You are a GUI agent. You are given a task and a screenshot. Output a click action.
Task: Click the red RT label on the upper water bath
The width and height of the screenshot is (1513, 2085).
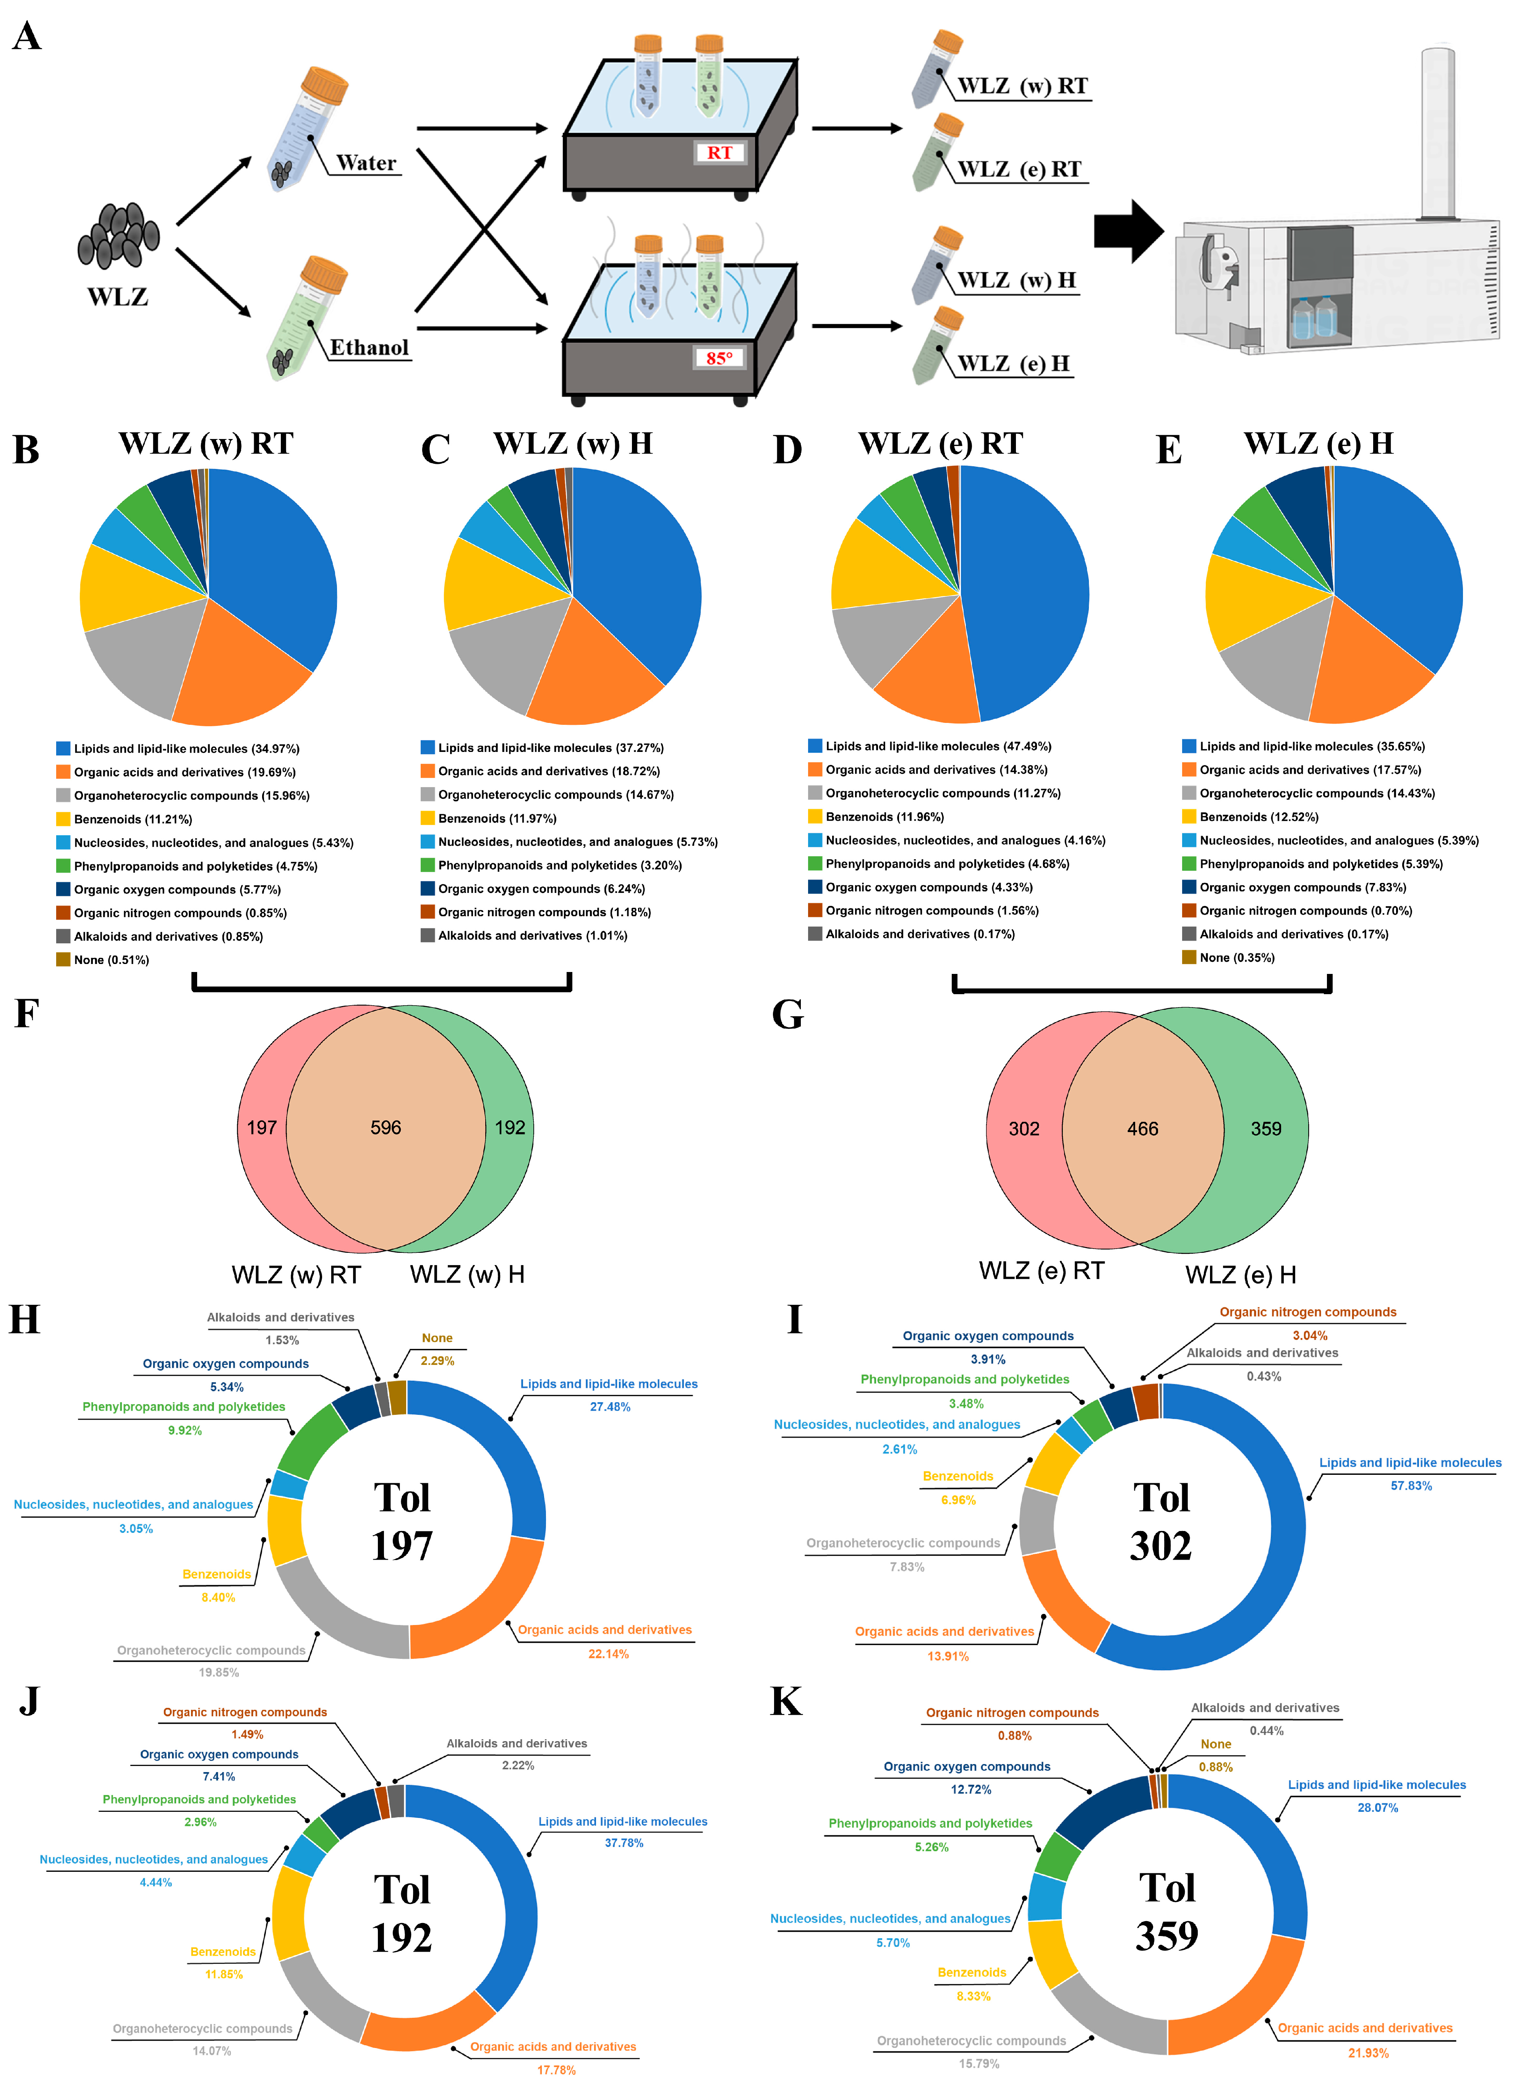click(x=720, y=152)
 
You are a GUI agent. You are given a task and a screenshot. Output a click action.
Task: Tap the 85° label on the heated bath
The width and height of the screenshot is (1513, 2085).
click(x=720, y=358)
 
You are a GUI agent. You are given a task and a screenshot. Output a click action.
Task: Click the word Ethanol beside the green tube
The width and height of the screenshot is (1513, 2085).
click(x=369, y=348)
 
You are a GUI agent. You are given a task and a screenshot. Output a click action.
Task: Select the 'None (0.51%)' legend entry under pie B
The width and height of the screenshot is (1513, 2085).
click(x=110, y=960)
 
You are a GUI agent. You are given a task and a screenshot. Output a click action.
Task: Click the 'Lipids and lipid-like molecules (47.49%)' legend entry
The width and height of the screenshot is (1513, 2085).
click(x=938, y=747)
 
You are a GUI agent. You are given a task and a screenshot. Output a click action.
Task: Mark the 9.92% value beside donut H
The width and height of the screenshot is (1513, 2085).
click(x=185, y=1431)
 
